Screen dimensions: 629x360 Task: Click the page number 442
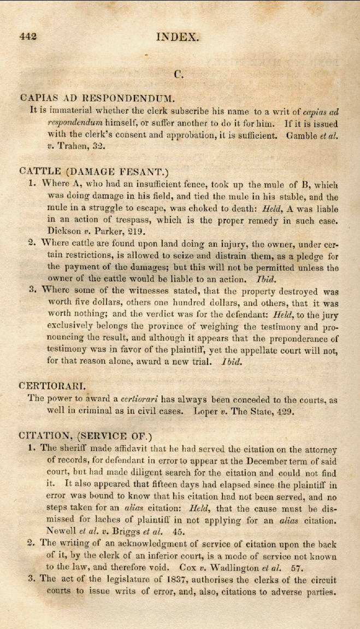(27, 37)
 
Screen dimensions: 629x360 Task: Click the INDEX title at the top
(178, 37)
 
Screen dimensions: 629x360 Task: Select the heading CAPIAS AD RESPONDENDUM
(97, 98)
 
